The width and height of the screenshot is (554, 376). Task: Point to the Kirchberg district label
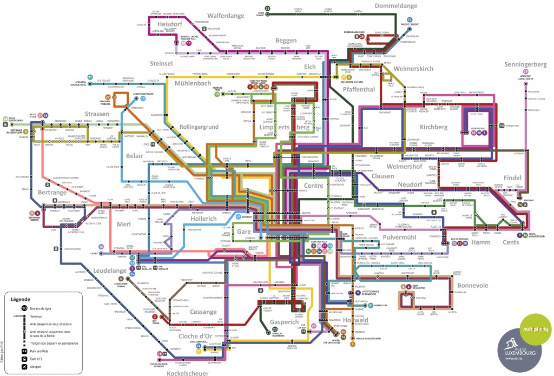point(433,127)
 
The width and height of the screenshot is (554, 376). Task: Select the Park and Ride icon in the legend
point(24,351)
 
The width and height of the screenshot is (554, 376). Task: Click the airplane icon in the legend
point(24,366)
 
